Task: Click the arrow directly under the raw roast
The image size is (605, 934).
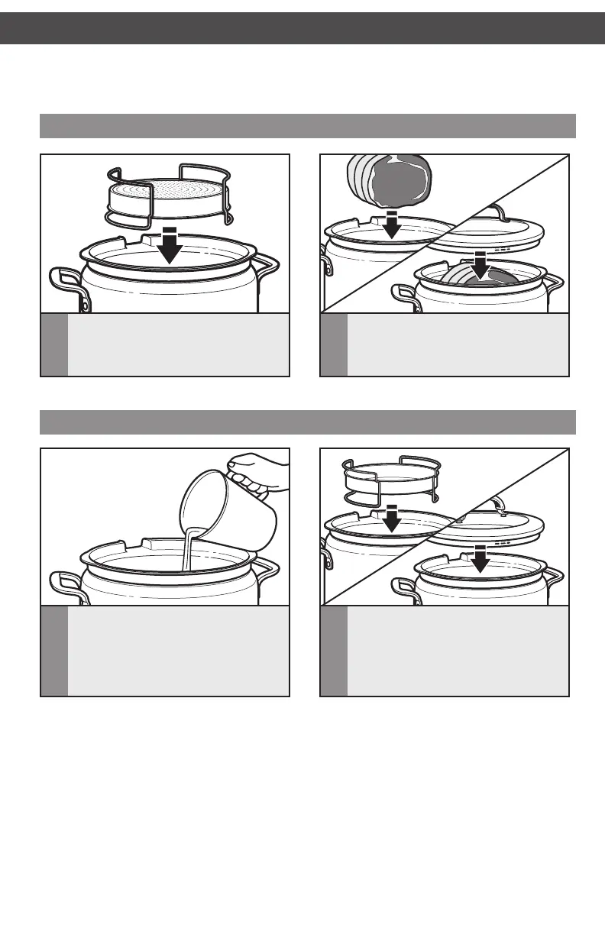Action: click(390, 223)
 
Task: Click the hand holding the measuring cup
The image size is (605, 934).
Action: click(260, 468)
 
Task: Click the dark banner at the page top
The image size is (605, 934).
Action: click(302, 28)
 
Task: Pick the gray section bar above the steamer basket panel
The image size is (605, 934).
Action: click(307, 125)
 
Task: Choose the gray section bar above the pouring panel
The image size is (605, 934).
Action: click(307, 422)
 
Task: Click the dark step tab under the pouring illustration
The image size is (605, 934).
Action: click(53, 651)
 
